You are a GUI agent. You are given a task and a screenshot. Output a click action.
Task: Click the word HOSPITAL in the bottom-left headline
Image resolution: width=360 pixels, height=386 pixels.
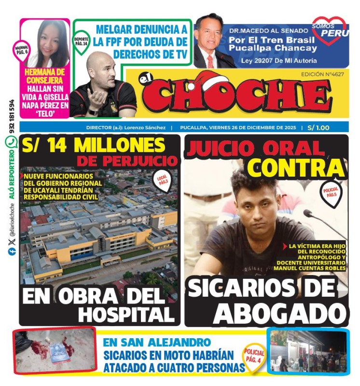click(x=126, y=315)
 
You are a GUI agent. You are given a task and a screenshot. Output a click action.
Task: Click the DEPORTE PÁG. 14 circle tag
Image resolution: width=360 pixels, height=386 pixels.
click(x=81, y=41)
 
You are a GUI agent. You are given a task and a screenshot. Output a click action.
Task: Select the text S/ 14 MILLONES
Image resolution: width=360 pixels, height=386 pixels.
click(x=93, y=145)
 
